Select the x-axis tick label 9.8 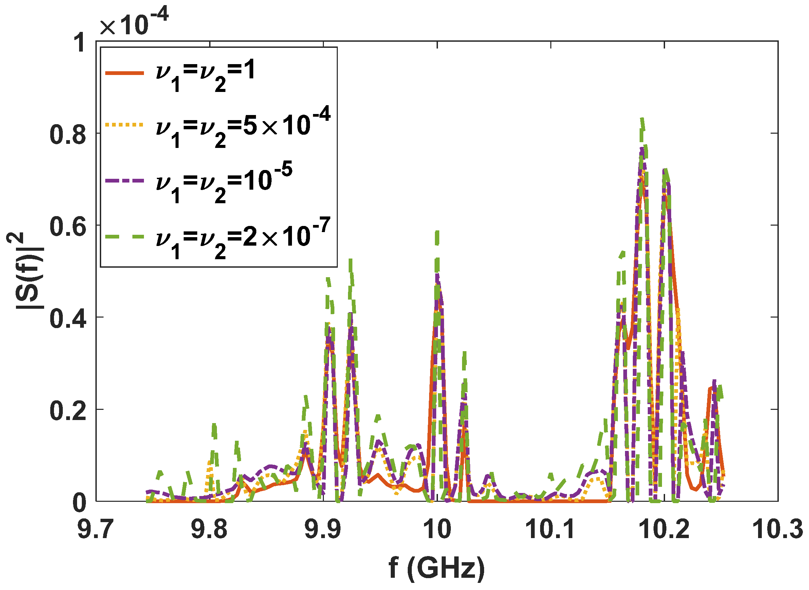coord(209,530)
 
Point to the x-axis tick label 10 coord(437,530)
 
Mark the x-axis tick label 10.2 coord(664,530)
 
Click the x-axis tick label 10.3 coord(777,530)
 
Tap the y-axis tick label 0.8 coord(68,134)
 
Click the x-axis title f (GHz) coord(437,568)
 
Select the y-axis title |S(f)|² coord(25,271)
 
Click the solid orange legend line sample coord(124,73)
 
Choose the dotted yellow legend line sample coord(124,125)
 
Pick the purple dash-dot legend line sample coord(124,181)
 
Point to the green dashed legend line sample coord(124,236)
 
